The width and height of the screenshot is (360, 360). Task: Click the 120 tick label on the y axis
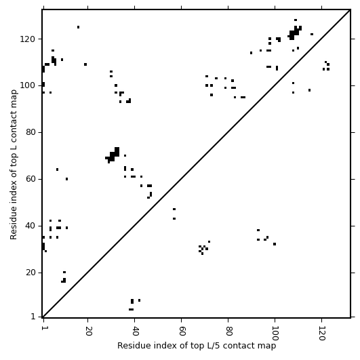tap(27, 39)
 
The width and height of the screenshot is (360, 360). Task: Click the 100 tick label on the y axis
tap(27, 86)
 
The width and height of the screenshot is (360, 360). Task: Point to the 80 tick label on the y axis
tap(30, 133)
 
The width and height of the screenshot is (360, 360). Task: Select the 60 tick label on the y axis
tap(30, 179)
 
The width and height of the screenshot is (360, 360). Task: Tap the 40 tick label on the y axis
tap(30, 226)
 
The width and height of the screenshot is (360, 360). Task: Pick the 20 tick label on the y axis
tap(30, 273)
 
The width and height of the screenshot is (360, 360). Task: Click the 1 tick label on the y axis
tap(33, 317)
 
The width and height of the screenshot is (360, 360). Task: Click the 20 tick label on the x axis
tap(88, 331)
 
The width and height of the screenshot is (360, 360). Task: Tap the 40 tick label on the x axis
tap(135, 331)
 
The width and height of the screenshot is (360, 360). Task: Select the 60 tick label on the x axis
tap(182, 331)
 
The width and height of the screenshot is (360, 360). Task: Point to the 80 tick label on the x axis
tap(229, 331)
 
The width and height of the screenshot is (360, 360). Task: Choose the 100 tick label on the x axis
tap(275, 334)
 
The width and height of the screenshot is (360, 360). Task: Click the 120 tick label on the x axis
tap(322, 334)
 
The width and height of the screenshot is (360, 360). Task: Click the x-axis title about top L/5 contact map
tap(197, 346)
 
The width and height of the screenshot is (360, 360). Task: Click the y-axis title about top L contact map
tap(14, 165)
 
